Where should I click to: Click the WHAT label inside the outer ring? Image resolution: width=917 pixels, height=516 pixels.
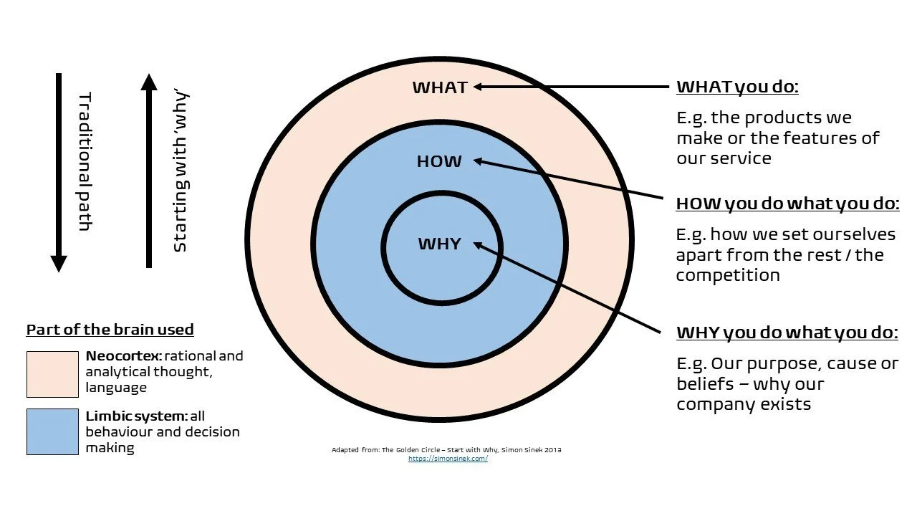tap(440, 87)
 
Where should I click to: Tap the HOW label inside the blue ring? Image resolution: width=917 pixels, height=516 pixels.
tap(439, 162)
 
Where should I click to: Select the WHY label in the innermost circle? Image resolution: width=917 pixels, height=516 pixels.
tap(439, 244)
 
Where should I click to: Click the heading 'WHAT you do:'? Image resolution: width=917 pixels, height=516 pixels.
tap(737, 87)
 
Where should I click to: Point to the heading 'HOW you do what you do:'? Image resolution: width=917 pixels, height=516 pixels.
tap(787, 204)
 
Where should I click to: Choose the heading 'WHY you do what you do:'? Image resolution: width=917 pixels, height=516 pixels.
tap(787, 333)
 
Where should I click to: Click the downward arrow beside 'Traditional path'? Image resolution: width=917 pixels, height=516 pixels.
tap(59, 172)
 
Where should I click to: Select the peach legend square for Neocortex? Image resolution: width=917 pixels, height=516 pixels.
tap(52, 374)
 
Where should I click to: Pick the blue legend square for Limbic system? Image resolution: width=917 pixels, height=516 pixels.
tap(52, 431)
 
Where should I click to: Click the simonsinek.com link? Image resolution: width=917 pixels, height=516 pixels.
tap(448, 459)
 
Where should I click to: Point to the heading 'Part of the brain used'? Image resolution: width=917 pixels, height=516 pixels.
tap(110, 330)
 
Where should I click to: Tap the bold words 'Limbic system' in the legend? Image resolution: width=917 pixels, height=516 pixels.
tap(136, 416)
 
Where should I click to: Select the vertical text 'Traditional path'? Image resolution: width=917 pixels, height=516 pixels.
tap(85, 161)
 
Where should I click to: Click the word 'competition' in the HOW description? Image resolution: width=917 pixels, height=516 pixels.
tap(728, 275)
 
